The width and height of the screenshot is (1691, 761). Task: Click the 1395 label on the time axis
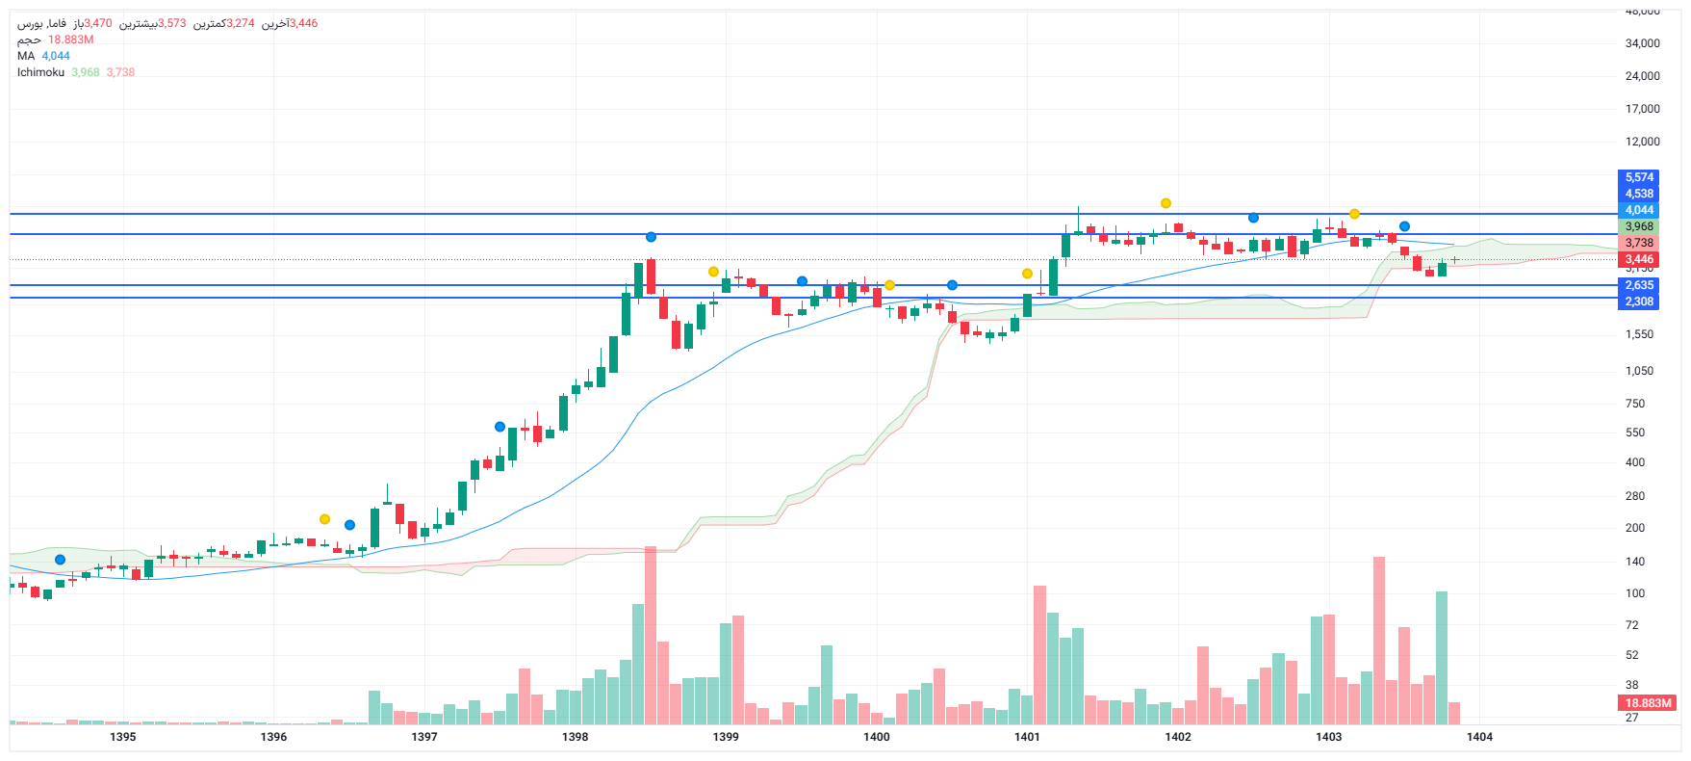click(123, 737)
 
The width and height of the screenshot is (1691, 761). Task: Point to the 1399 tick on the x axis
click(726, 737)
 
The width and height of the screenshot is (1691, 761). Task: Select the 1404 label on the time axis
click(1479, 737)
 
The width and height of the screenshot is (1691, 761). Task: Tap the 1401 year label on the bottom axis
click(1027, 737)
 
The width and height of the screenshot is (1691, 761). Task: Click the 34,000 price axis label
click(1642, 43)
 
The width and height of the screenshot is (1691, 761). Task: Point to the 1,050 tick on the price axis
click(1639, 371)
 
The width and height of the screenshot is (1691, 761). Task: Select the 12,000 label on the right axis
click(1642, 142)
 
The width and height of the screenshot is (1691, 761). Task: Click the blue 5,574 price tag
click(1639, 177)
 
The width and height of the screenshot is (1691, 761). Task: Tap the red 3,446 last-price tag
click(1639, 259)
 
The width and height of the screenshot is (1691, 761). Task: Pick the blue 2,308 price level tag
click(1639, 302)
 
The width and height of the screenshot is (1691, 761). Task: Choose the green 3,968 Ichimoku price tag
click(1639, 226)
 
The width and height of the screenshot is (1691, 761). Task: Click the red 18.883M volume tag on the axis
click(1648, 703)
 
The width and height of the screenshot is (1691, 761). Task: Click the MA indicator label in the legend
click(26, 56)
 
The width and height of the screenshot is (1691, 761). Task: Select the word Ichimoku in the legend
click(40, 72)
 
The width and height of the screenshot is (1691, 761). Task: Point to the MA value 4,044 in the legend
click(56, 56)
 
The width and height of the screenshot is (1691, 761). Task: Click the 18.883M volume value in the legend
click(71, 39)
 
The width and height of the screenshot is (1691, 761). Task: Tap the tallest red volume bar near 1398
click(651, 636)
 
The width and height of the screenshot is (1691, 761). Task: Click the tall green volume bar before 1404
click(1442, 657)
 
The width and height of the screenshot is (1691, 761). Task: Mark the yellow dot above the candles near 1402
click(1166, 203)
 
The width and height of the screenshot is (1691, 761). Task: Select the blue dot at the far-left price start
click(61, 560)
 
